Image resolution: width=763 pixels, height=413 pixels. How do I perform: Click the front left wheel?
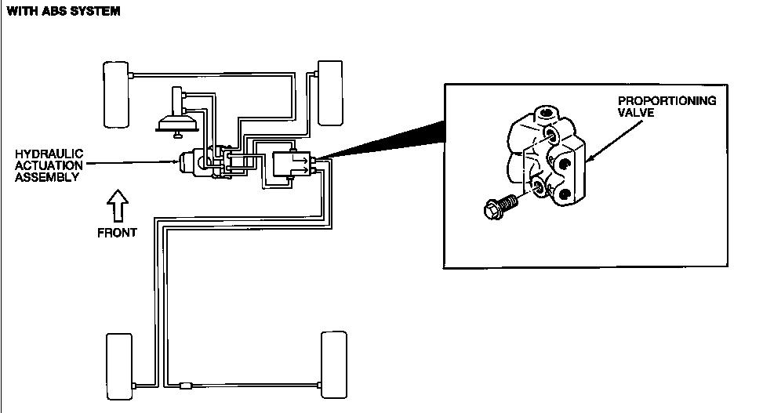[116, 93]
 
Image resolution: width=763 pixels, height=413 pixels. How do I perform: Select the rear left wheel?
[119, 365]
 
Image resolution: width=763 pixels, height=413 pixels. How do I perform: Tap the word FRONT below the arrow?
[117, 232]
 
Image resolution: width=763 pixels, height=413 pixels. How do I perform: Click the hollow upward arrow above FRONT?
[116, 205]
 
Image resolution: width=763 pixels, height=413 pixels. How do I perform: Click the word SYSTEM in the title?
[97, 12]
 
